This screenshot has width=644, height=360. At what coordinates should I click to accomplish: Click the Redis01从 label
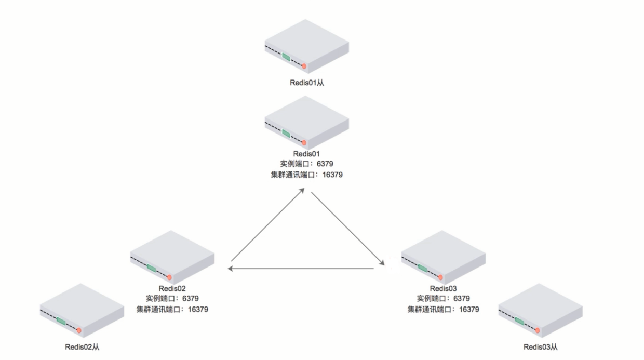306,82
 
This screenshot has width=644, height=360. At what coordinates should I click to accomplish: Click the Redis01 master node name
306,154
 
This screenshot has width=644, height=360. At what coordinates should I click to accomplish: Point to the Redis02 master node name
172,288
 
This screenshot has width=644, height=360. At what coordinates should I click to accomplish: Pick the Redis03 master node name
443,288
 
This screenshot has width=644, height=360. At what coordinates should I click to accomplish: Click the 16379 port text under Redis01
332,175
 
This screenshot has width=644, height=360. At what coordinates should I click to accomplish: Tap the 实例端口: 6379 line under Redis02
172,298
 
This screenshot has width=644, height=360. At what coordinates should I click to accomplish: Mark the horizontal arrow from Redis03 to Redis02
301,269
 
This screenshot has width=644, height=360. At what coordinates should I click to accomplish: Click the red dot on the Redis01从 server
304,66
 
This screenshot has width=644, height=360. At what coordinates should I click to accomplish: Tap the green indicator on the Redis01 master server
286,134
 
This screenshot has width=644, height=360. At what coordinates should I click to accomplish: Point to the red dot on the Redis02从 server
79,330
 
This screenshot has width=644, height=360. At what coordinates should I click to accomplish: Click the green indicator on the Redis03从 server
519,321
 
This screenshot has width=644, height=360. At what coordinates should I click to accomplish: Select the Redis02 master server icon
172,258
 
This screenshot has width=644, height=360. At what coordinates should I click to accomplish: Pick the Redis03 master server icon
443,258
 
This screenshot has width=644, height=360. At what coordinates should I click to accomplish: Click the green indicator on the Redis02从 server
61,321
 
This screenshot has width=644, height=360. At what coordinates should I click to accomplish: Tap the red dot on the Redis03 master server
440,277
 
